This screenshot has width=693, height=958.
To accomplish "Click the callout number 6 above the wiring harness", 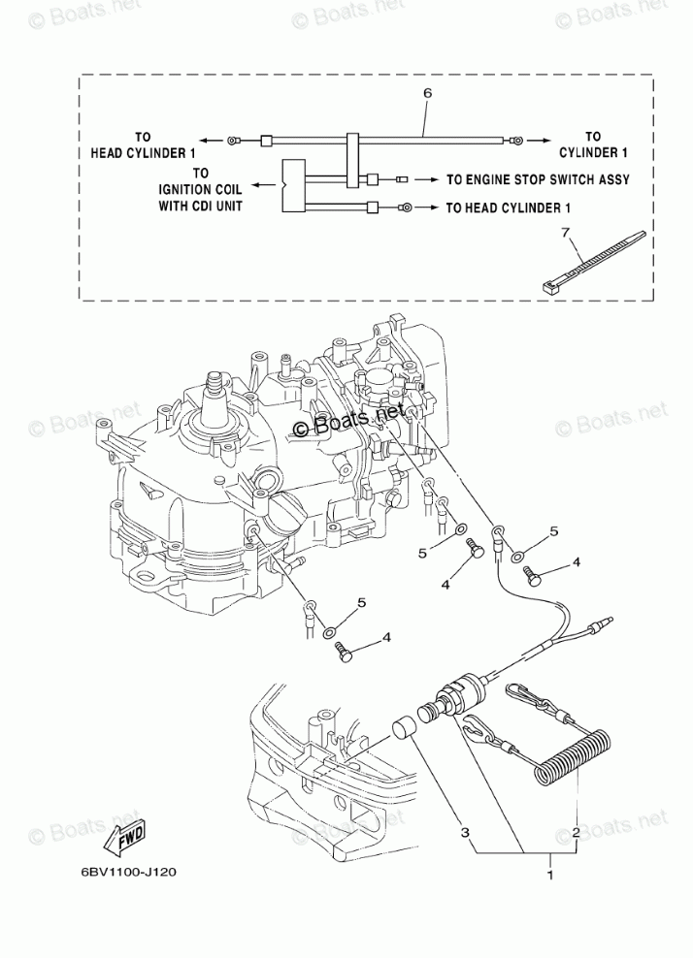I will click(427, 94).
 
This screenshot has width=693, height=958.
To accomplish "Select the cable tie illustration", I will click(589, 261).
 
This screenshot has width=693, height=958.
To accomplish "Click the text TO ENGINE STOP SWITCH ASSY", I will click(538, 179).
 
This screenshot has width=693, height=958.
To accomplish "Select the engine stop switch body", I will click(444, 703).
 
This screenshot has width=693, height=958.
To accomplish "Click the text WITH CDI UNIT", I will click(201, 207).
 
